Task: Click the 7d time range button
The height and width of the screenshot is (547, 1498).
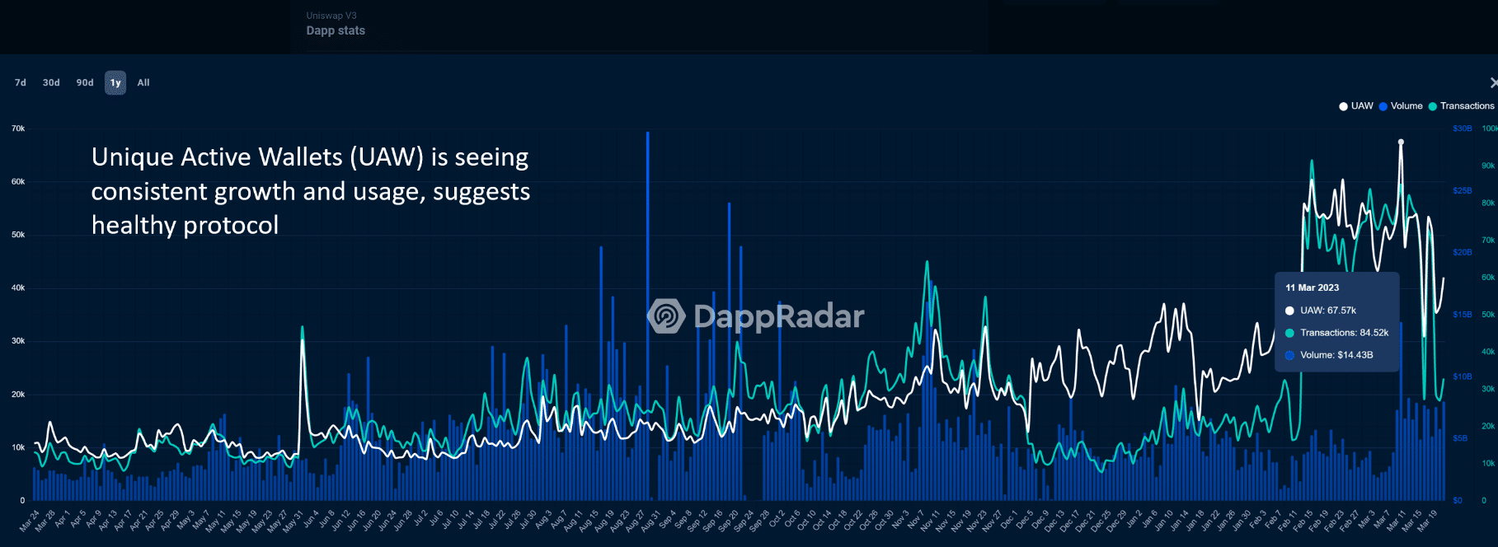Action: tap(21, 82)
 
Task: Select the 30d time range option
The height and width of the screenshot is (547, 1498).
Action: tap(51, 82)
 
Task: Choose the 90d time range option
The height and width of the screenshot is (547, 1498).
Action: tap(85, 82)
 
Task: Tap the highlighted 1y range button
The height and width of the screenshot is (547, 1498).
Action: tap(115, 82)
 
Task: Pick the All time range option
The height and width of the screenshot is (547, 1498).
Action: tap(143, 82)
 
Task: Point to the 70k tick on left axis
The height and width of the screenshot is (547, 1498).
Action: tap(18, 129)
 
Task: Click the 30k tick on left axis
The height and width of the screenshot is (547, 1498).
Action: tap(18, 341)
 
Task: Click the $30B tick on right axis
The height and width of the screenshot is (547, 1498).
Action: tap(1462, 129)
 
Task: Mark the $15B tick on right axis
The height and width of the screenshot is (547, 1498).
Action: tap(1462, 315)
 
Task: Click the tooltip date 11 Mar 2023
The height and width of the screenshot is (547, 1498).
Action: tap(1312, 288)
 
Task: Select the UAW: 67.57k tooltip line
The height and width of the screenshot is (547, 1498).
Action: tap(1327, 311)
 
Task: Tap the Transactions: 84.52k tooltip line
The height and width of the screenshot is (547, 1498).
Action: tap(1344, 333)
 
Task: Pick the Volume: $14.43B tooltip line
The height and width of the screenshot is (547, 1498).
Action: tap(1336, 355)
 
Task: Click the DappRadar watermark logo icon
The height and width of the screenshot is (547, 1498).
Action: tap(666, 316)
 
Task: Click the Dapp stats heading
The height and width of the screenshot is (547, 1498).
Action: tap(336, 30)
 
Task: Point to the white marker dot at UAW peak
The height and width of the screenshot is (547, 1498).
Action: tap(1401, 142)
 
